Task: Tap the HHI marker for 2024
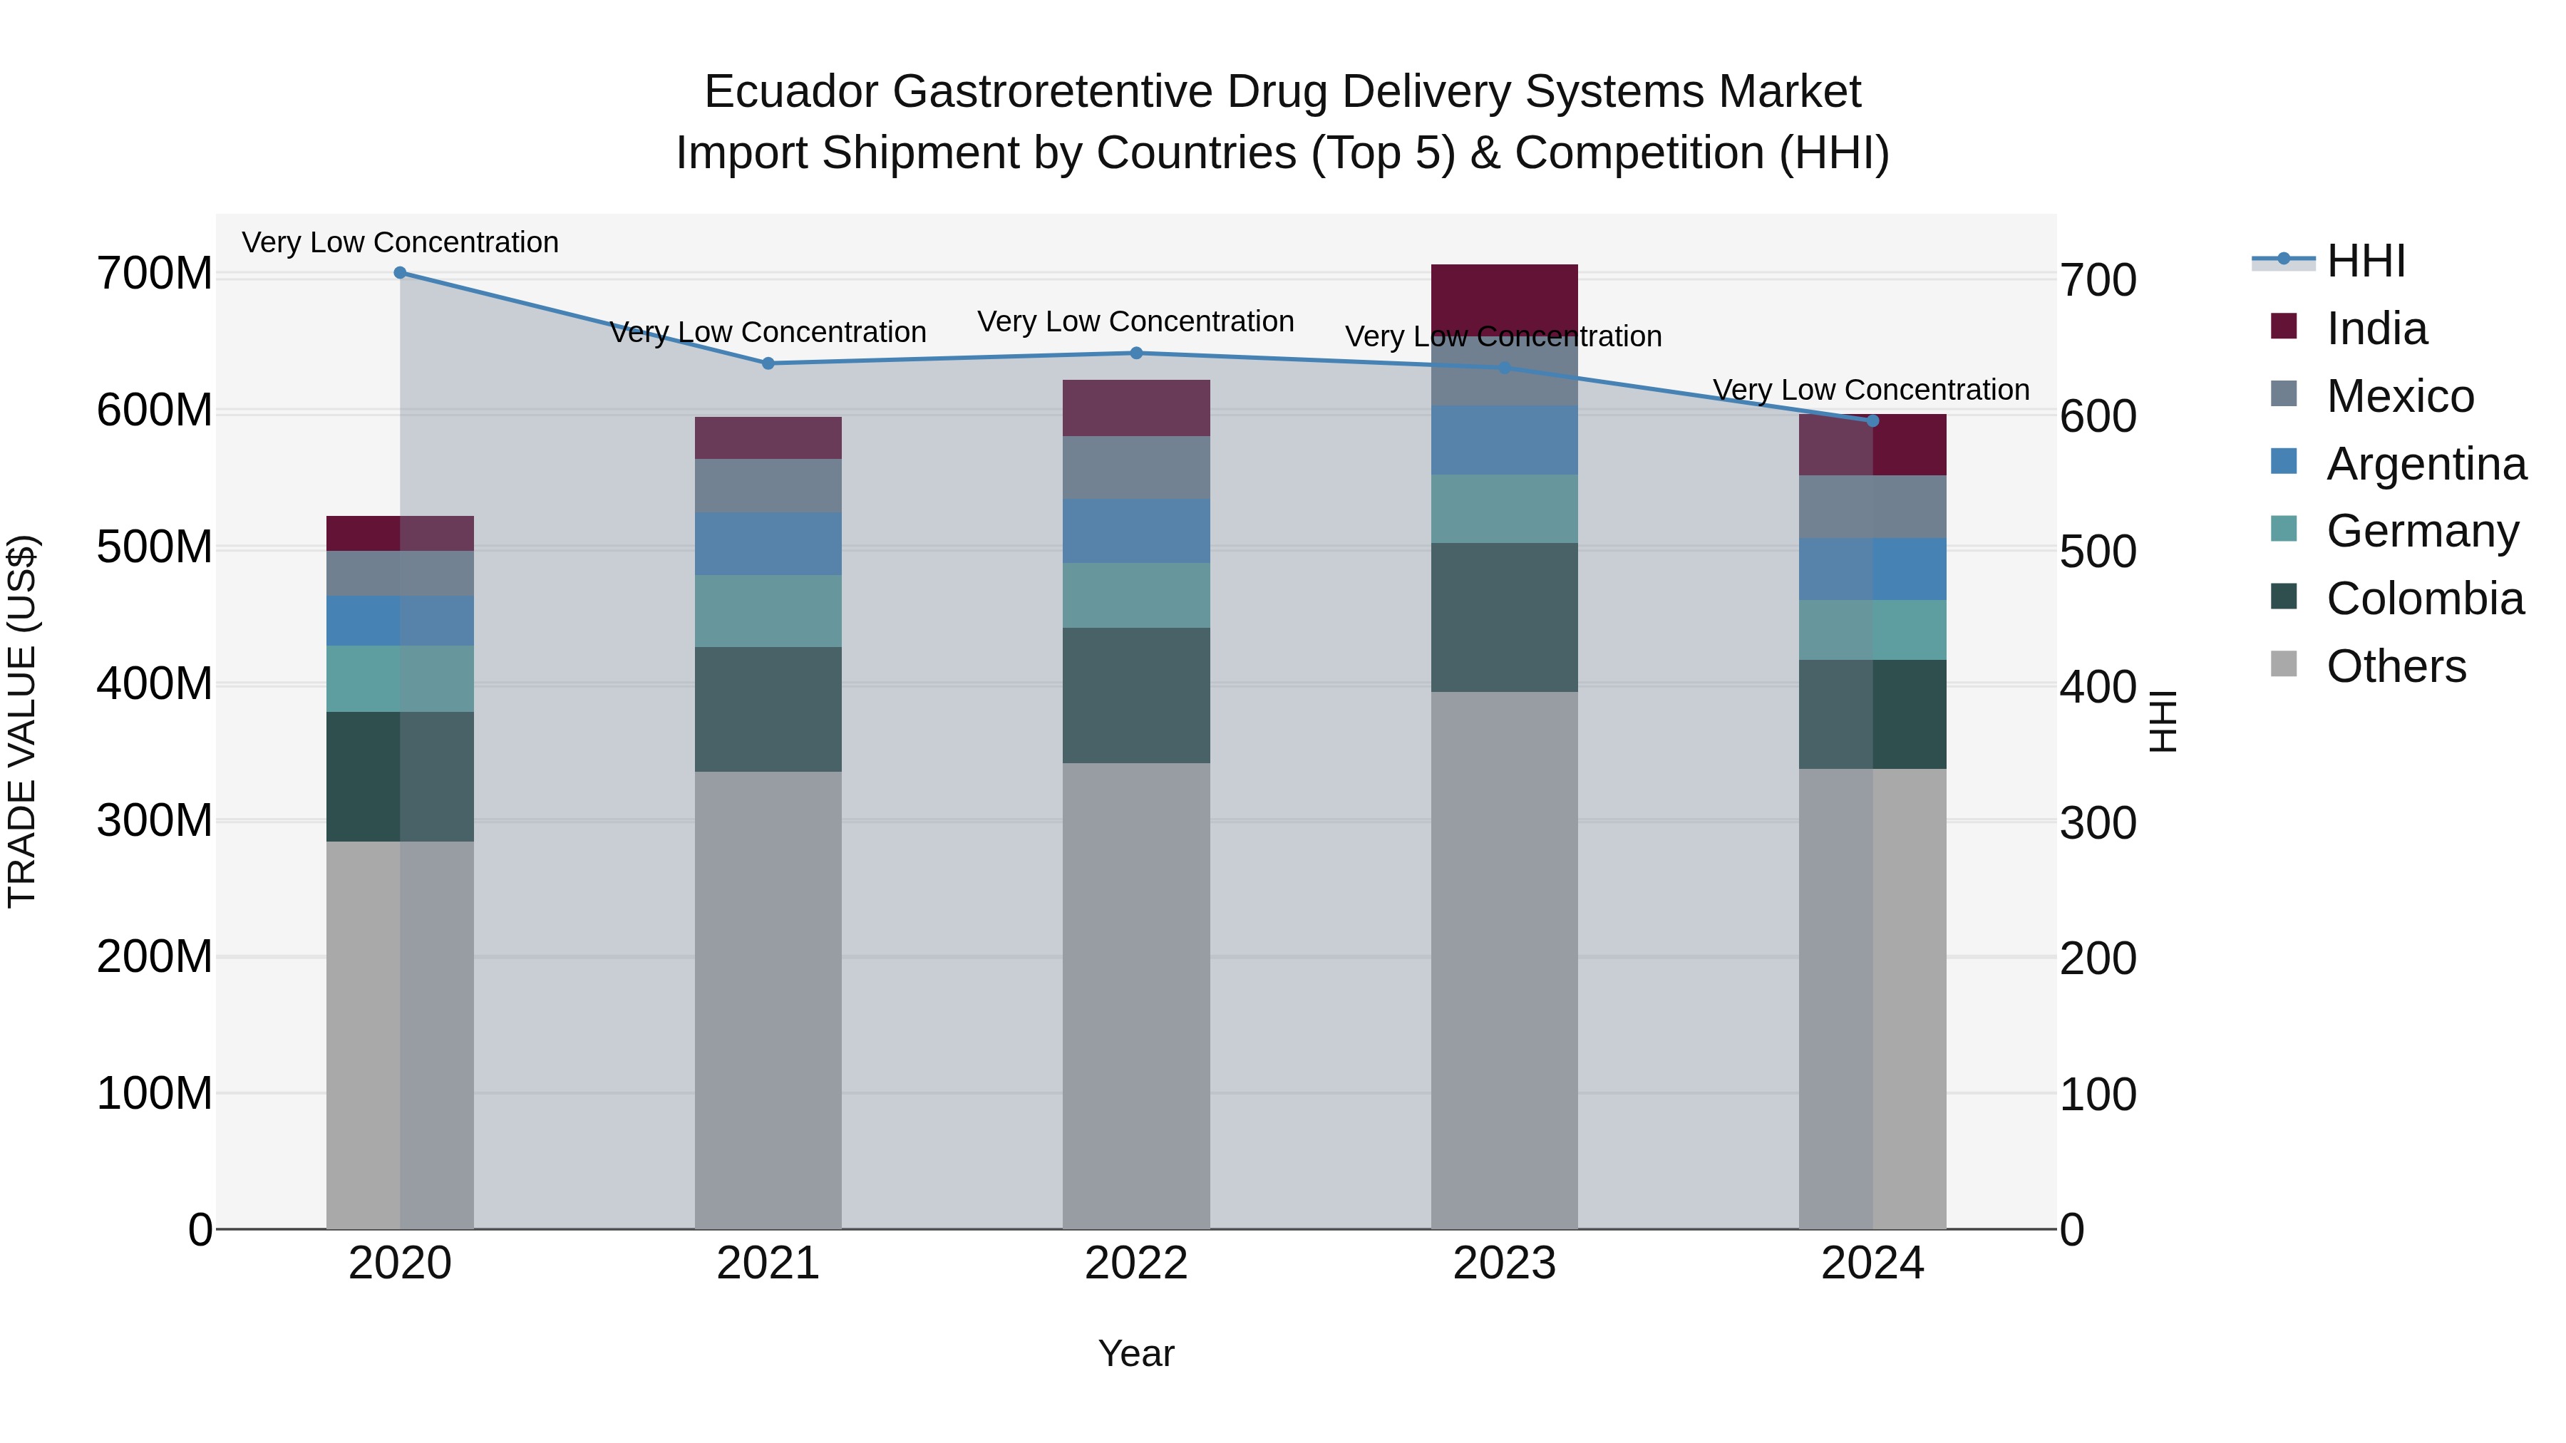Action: tap(1872, 421)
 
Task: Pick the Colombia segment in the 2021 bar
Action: tap(767, 709)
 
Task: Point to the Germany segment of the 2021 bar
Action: tap(767, 611)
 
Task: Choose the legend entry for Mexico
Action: tap(2400, 396)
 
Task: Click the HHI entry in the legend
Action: tap(2365, 261)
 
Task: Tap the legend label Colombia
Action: tap(2425, 599)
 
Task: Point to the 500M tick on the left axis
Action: tap(155, 548)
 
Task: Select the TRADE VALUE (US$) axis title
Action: tap(22, 721)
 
